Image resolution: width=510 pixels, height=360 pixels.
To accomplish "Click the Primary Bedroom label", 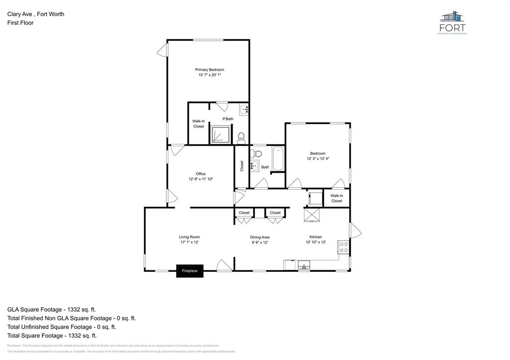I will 209,70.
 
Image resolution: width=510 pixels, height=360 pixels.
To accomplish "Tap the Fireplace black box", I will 190,271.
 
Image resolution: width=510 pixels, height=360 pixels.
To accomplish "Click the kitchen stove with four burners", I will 343,247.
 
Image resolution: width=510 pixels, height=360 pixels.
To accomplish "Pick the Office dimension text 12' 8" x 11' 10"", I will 201,179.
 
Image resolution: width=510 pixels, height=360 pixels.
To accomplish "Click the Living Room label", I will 189,237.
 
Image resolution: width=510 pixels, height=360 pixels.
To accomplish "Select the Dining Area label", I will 259,238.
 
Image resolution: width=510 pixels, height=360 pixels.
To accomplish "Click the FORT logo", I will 452,23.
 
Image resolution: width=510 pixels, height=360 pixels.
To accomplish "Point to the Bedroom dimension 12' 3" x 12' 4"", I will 318,158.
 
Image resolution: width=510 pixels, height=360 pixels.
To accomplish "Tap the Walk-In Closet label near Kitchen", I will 337,198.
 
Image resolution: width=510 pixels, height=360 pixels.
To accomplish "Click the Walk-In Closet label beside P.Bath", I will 198,123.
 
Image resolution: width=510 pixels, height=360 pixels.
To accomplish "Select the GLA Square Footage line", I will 52,309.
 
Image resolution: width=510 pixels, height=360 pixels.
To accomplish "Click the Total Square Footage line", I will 52,336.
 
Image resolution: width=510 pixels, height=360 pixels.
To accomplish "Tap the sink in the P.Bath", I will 244,110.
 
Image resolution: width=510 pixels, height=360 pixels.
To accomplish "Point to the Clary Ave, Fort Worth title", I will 35,14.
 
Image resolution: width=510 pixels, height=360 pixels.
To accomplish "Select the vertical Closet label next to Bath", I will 242,166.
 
